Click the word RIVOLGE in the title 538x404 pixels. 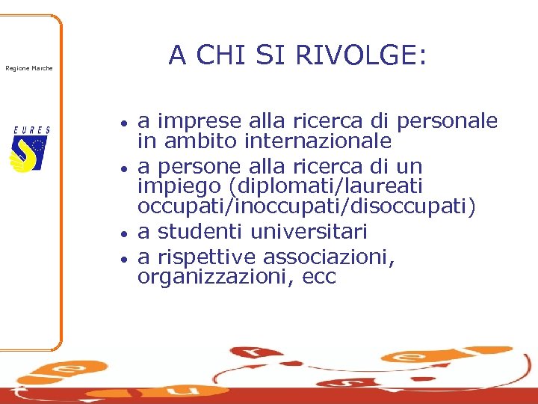click(362, 55)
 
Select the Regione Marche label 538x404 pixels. click(29, 69)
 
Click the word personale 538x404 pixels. click(448, 121)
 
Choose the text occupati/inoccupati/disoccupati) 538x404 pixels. click(306, 206)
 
